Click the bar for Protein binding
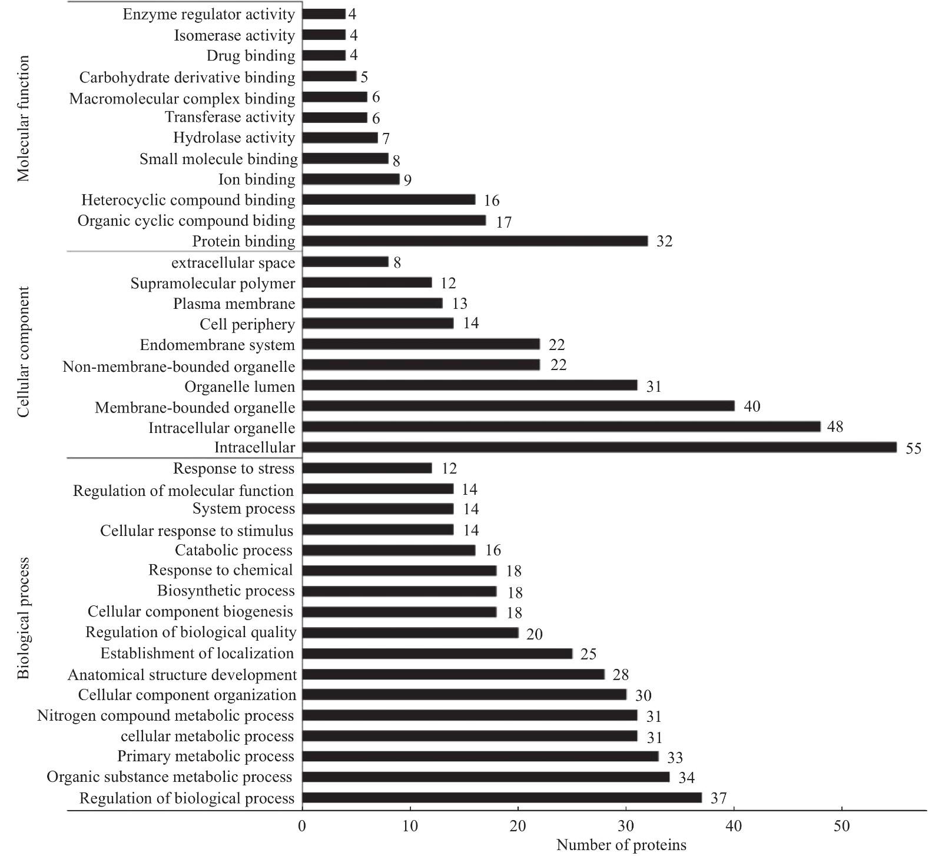click(x=475, y=241)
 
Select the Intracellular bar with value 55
click(x=599, y=448)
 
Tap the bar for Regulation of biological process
click(x=502, y=798)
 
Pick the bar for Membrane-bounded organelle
click(x=518, y=407)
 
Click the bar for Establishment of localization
click(x=437, y=654)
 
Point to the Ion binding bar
click(x=351, y=179)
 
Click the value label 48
click(x=835, y=427)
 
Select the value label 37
click(x=719, y=798)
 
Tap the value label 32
click(x=664, y=241)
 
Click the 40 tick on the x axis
click(x=734, y=826)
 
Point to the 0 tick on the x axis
click(x=303, y=826)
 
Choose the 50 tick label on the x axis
click(x=842, y=826)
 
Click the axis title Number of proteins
click(x=621, y=846)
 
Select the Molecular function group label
click(x=24, y=119)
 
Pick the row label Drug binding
click(x=251, y=56)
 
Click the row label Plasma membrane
click(x=234, y=304)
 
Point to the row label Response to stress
click(x=234, y=469)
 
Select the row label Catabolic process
click(x=234, y=551)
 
